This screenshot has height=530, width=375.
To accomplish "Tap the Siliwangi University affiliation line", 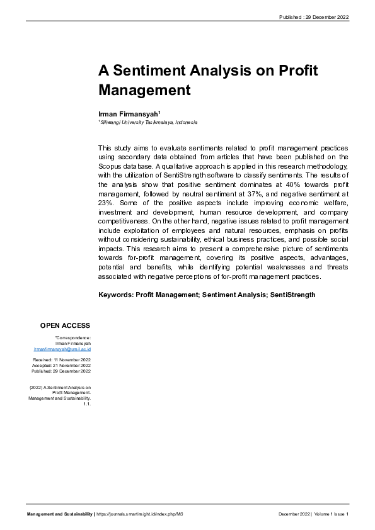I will pos(149,122).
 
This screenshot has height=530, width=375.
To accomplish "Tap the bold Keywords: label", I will pos(116,295).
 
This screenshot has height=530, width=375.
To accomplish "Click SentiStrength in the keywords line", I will pos(292,295).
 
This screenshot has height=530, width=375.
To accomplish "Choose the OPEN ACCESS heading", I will pos(66,325).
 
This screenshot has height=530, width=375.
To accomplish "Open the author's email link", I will pos(62,348).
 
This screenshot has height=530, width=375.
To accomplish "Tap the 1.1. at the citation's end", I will pos(87,404).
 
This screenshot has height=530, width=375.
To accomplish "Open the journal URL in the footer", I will pos(139,514).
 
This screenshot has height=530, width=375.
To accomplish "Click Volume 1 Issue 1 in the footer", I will pos(332,514).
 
